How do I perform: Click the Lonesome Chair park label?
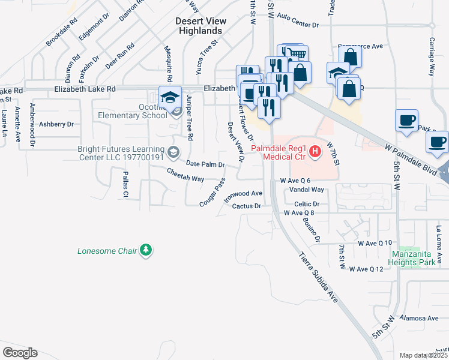(x=107, y=250)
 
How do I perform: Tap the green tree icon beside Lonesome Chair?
(x=145, y=250)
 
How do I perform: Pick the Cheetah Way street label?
(x=185, y=179)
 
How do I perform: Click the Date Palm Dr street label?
(x=205, y=164)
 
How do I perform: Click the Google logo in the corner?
(x=20, y=353)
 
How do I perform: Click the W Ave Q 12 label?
(x=366, y=269)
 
